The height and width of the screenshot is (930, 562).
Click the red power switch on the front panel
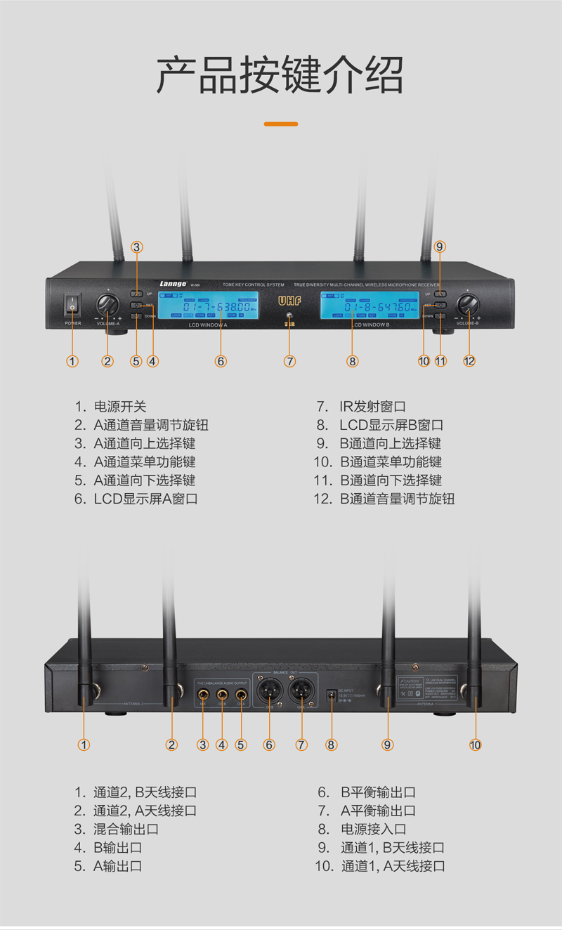[72, 306]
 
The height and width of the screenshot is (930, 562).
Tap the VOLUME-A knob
[107, 305]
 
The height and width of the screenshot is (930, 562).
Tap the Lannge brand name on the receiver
[172, 284]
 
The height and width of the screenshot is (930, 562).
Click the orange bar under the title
[281, 124]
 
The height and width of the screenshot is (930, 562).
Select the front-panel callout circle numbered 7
[289, 361]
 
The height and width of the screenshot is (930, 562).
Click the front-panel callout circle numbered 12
[469, 361]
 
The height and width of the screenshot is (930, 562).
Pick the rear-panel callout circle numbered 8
[332, 745]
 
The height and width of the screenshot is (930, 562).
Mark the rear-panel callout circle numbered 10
[476, 745]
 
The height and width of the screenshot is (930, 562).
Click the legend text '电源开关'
[120, 407]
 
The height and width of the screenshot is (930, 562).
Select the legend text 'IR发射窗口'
[372, 407]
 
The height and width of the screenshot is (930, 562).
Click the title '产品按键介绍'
[281, 74]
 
